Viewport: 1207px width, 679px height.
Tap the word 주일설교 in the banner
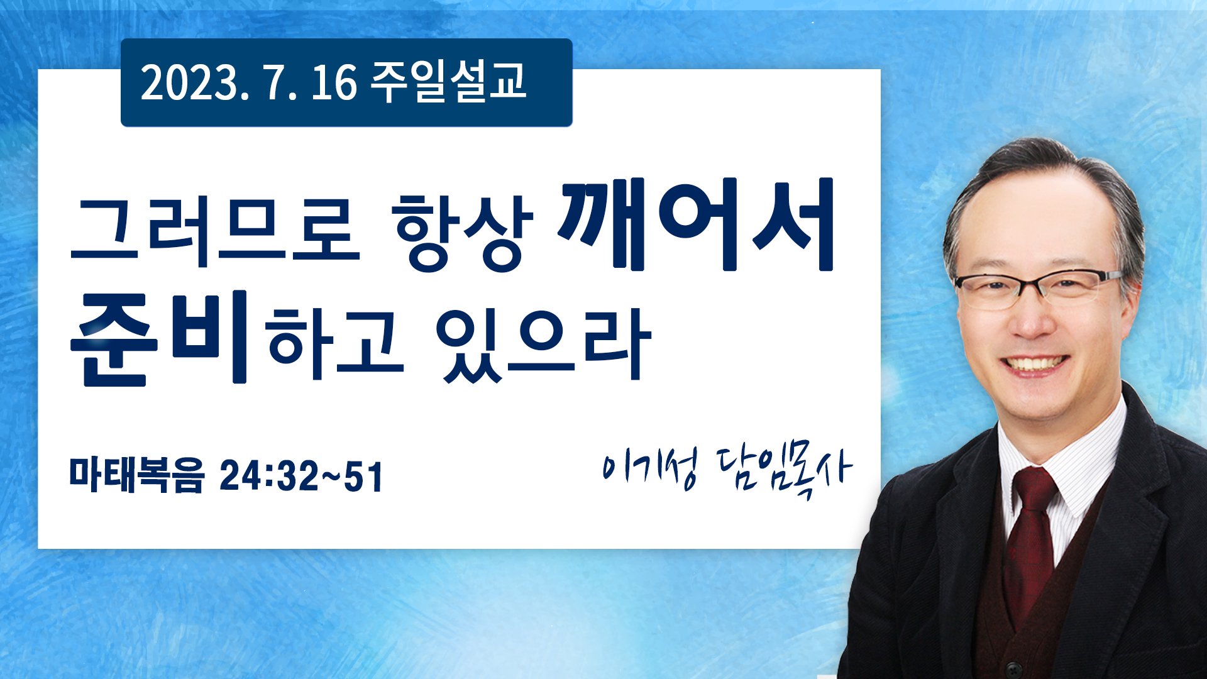448,82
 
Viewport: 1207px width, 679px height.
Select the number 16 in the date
334,83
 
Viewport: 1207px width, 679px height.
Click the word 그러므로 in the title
215,230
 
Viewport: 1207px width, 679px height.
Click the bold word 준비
160,337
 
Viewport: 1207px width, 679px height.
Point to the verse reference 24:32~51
301,476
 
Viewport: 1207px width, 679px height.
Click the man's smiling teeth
1034,363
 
